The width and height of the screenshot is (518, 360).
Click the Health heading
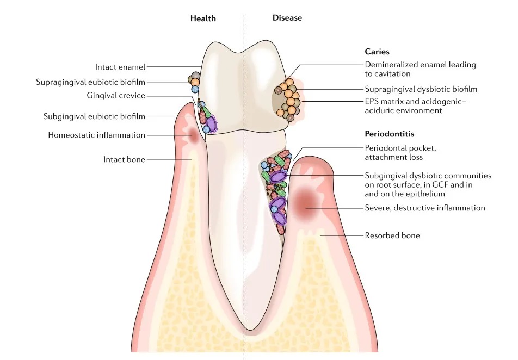[x=203, y=18]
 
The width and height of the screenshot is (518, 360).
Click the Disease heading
[x=287, y=18]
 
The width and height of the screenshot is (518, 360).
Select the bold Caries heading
[x=377, y=52]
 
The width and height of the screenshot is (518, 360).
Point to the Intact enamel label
[x=120, y=67]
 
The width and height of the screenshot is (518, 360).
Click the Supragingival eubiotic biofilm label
[x=91, y=83]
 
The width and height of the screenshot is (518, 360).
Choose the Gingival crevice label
[x=115, y=96]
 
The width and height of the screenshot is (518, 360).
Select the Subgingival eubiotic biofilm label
[x=94, y=116]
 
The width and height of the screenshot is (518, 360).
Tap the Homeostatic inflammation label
[x=96, y=135]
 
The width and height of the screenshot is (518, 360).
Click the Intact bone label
[x=124, y=159]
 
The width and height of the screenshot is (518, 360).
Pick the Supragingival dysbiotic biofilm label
[x=421, y=89]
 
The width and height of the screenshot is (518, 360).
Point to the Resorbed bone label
[x=392, y=235]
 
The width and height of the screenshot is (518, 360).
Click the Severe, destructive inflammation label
[x=424, y=208]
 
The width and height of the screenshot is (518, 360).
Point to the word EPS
[x=372, y=101]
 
